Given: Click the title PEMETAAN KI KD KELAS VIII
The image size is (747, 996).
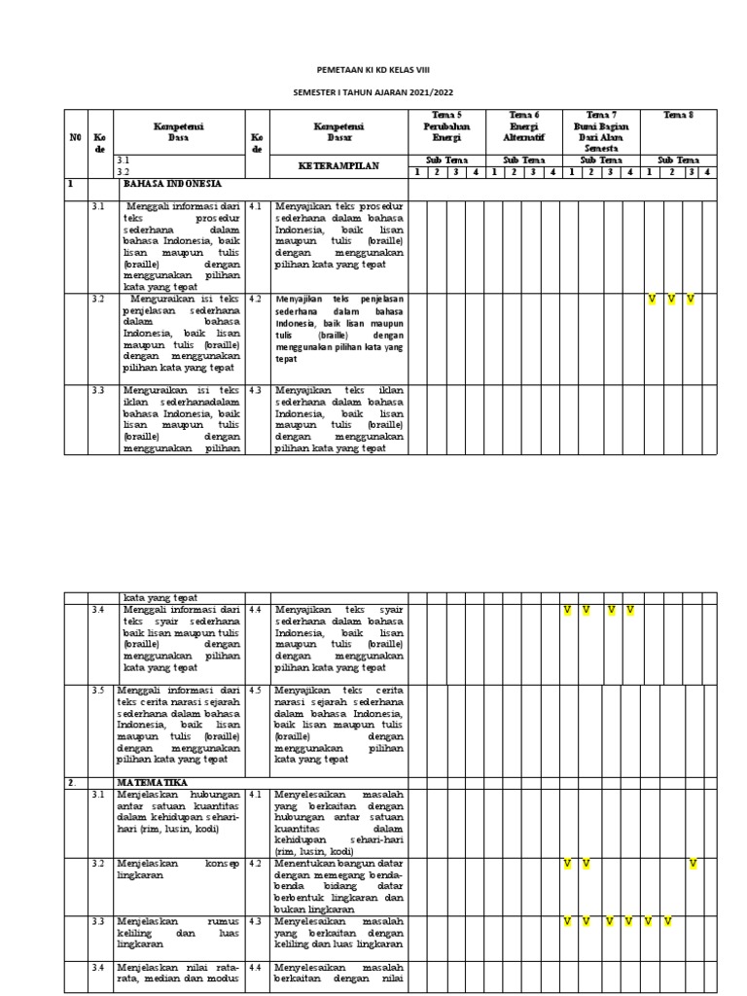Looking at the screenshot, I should pos(373,71).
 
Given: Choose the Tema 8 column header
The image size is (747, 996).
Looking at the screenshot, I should pos(678,116).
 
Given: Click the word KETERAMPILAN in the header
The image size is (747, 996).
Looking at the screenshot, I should pos(338,166).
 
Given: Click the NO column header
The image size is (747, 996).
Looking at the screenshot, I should pos(75,137).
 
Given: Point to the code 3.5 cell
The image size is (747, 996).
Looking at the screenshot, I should pos(97,691).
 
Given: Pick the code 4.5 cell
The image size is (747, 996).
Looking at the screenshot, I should pos(256,691).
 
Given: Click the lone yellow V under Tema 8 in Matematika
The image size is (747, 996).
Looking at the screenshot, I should pos(693,863).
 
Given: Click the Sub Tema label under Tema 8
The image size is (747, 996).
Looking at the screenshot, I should pos(678,160).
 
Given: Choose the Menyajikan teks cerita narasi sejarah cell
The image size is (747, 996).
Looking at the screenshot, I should pos(338,724).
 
